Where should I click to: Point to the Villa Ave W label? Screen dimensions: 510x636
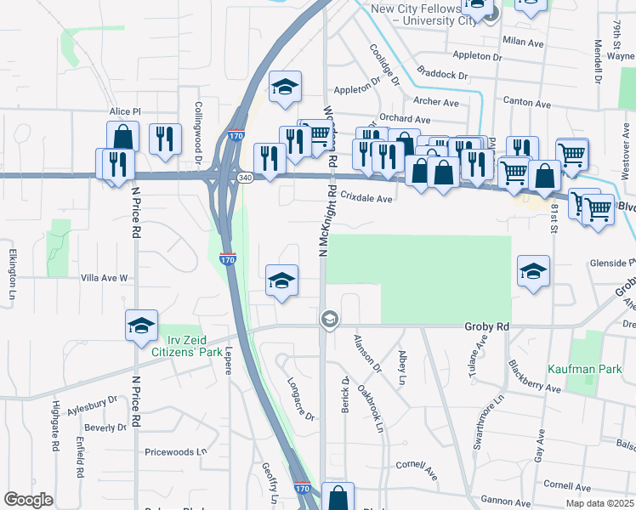[103, 278]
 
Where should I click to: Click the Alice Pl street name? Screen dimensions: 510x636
[124, 112]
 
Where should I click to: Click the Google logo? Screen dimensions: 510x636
[28, 500]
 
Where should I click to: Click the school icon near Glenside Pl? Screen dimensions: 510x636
[533, 271]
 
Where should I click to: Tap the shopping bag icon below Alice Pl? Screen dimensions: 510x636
[123, 137]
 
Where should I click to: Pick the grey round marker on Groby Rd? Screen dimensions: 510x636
[329, 320]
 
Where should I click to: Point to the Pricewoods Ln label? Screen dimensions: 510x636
[176, 452]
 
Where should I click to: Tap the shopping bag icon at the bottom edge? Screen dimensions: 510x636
[338, 497]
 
